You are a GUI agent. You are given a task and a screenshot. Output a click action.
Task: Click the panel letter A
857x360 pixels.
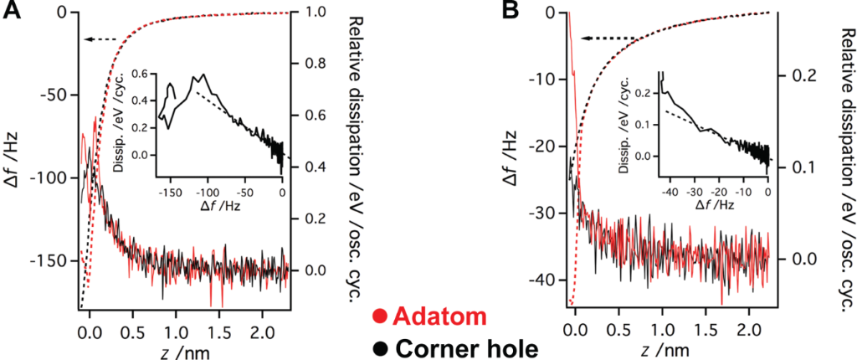tap(12, 13)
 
